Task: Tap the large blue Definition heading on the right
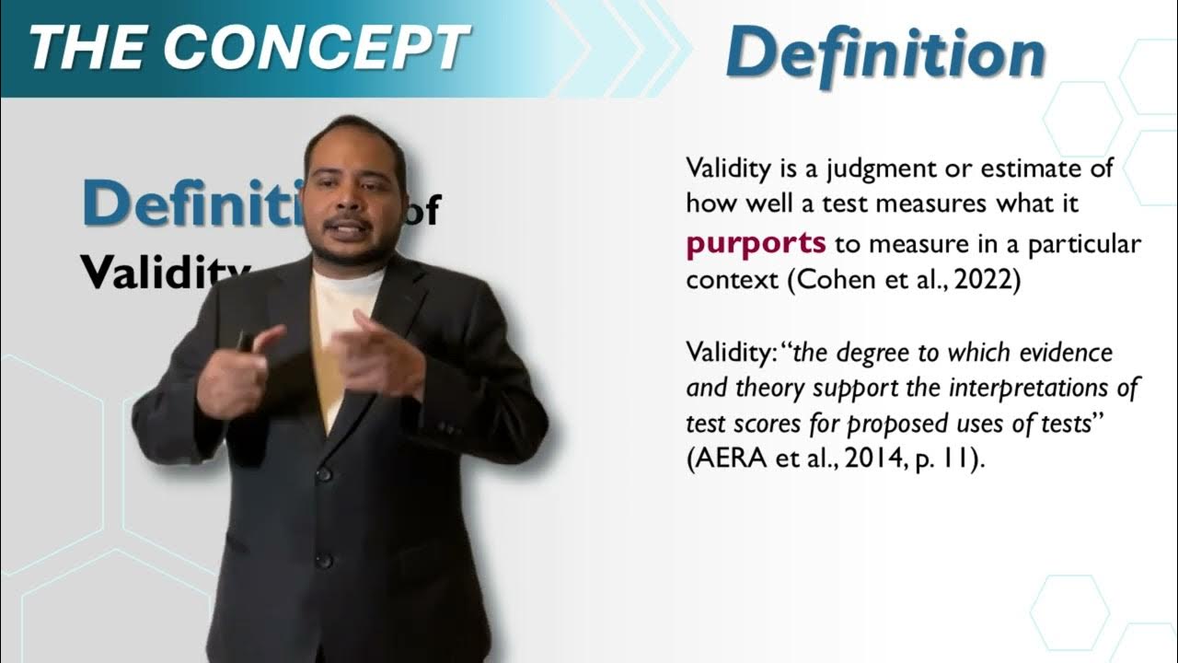pyautogui.click(x=884, y=53)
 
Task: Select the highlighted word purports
pyautogui.click(x=756, y=243)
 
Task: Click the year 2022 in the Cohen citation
pyautogui.click(x=987, y=280)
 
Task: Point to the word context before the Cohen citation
pyautogui.click(x=733, y=280)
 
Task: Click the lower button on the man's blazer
pyautogui.click(x=323, y=559)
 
